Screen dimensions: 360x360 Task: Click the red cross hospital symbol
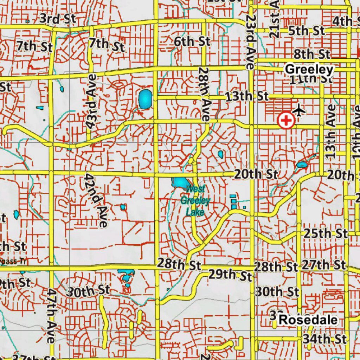coord(286,121)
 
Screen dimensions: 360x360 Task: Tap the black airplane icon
coord(299,110)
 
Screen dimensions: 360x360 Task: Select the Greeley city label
coord(309,69)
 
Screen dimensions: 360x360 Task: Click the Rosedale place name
coord(308,320)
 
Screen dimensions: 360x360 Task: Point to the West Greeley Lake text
coord(195,201)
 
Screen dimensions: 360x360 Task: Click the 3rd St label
coord(58,19)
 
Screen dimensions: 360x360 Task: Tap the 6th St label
coord(192,41)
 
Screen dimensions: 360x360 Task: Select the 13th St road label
coord(247,96)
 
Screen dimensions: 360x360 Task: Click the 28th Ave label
coord(204,94)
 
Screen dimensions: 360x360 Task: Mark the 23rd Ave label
coord(250,41)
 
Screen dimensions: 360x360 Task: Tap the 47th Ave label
coord(51,316)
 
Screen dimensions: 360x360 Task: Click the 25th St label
coord(326,233)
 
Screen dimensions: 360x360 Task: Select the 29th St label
coord(230,275)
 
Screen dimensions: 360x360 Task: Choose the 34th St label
coord(325,339)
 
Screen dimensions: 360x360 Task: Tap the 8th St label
coord(312,54)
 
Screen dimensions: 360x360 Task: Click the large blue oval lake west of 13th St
coord(145,99)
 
